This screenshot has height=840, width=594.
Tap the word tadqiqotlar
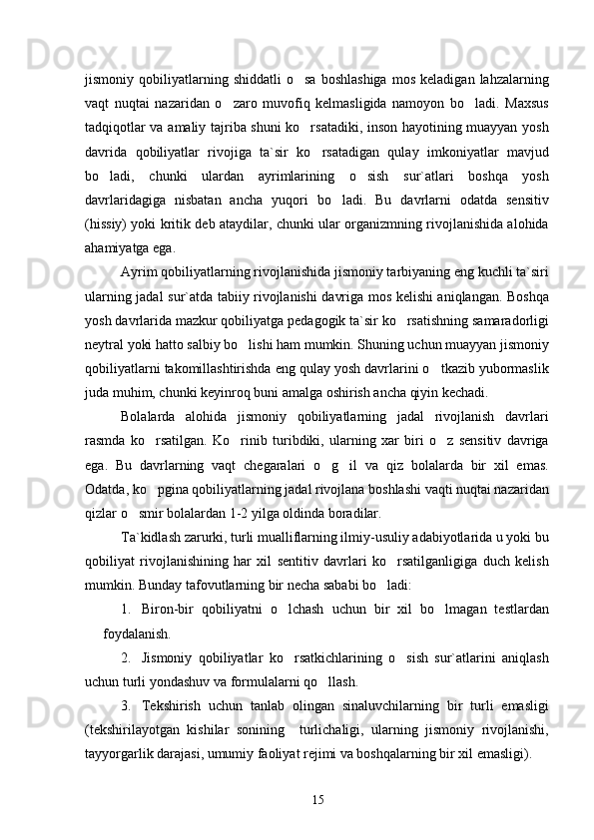coord(118,133)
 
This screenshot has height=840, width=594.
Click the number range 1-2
coord(230,514)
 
